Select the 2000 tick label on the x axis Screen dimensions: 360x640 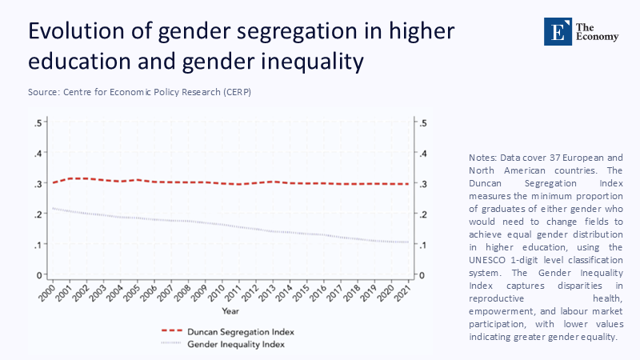[50, 292]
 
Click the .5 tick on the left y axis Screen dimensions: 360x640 [38, 122]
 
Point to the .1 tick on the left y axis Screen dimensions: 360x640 [38, 245]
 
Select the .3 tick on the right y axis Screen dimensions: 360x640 [423, 184]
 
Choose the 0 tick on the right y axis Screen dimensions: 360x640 [423, 275]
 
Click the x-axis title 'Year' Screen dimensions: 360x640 [230, 310]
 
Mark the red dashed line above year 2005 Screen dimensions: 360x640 [138, 180]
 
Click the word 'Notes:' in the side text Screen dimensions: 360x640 [482, 158]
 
